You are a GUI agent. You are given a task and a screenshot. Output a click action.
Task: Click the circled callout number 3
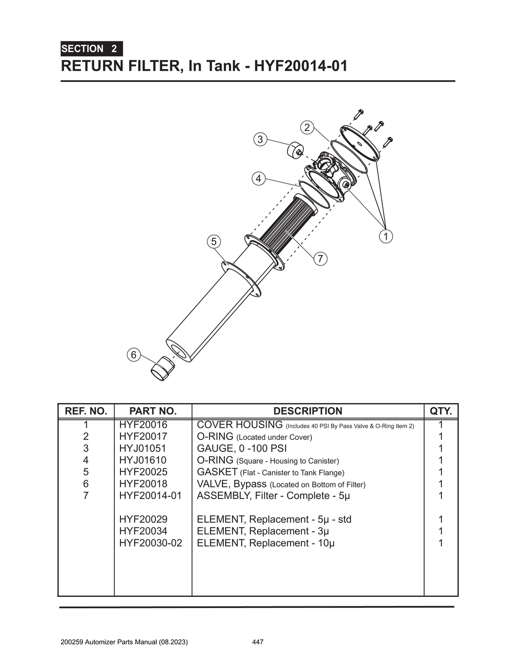click(260, 139)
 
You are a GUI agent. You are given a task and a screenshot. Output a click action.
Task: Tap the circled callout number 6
click(134, 355)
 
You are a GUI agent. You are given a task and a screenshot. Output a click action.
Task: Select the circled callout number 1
click(385, 236)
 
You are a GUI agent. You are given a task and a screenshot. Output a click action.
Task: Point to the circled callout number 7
click(320, 259)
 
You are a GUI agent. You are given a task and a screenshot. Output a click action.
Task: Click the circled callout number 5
click(214, 242)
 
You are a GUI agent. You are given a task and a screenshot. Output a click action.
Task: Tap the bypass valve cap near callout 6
click(162, 369)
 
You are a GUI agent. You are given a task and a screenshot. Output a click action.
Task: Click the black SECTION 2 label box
click(91, 49)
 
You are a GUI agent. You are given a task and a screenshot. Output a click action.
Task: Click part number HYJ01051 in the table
click(143, 448)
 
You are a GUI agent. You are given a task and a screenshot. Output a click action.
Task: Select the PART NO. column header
click(153, 411)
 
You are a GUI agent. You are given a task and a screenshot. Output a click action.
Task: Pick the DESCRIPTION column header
click(307, 411)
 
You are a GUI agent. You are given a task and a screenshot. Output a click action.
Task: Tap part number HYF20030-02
click(151, 543)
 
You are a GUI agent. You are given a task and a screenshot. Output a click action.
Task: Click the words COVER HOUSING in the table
click(239, 425)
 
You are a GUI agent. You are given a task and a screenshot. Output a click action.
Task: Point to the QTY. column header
click(440, 411)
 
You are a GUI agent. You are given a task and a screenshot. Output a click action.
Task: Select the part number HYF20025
click(143, 472)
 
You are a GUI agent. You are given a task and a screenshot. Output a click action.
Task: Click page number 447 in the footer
click(257, 642)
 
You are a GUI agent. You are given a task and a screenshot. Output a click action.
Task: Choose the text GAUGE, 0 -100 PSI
click(241, 448)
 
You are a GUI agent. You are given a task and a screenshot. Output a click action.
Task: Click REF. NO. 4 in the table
click(86, 460)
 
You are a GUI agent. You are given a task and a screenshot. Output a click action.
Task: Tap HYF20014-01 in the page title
click(300, 66)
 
